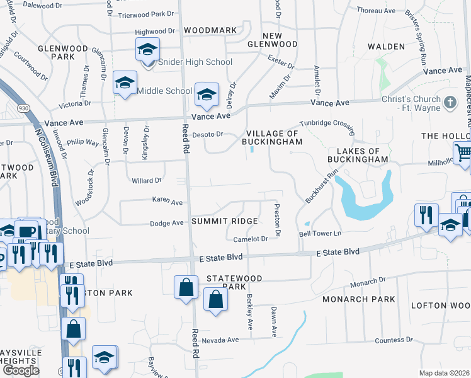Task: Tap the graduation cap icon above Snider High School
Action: click(x=148, y=49)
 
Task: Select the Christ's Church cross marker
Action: click(x=450, y=101)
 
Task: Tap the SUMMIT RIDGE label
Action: click(x=225, y=221)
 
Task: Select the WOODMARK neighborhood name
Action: click(x=210, y=30)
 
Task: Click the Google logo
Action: click(x=21, y=370)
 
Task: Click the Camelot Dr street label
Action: click(x=251, y=239)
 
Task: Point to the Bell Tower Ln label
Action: click(x=319, y=233)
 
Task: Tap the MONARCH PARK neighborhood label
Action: click(x=358, y=299)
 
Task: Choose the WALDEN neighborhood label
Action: click(x=386, y=47)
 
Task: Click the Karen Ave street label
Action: click(x=167, y=202)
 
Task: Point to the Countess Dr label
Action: click(x=394, y=340)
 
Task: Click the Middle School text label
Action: click(x=164, y=91)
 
